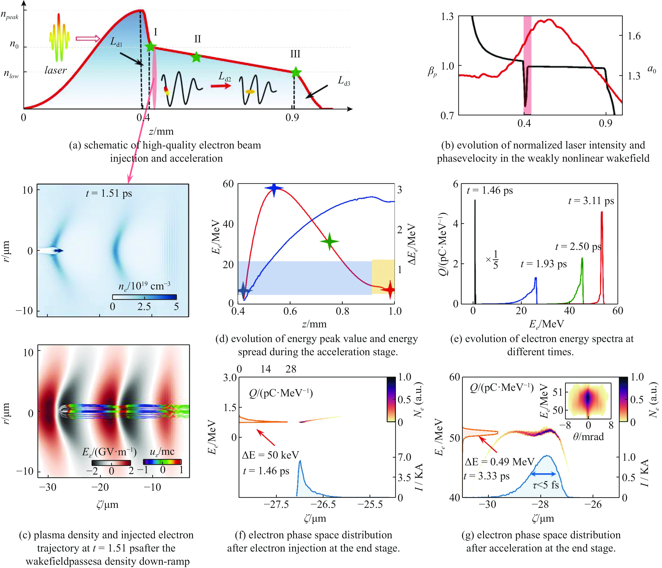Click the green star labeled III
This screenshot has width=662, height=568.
click(x=296, y=72)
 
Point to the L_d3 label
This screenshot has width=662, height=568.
click(x=344, y=81)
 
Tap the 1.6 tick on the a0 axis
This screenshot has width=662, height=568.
click(x=634, y=36)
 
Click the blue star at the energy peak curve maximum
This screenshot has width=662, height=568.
click(x=274, y=188)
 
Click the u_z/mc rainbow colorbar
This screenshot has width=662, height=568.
click(x=162, y=462)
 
